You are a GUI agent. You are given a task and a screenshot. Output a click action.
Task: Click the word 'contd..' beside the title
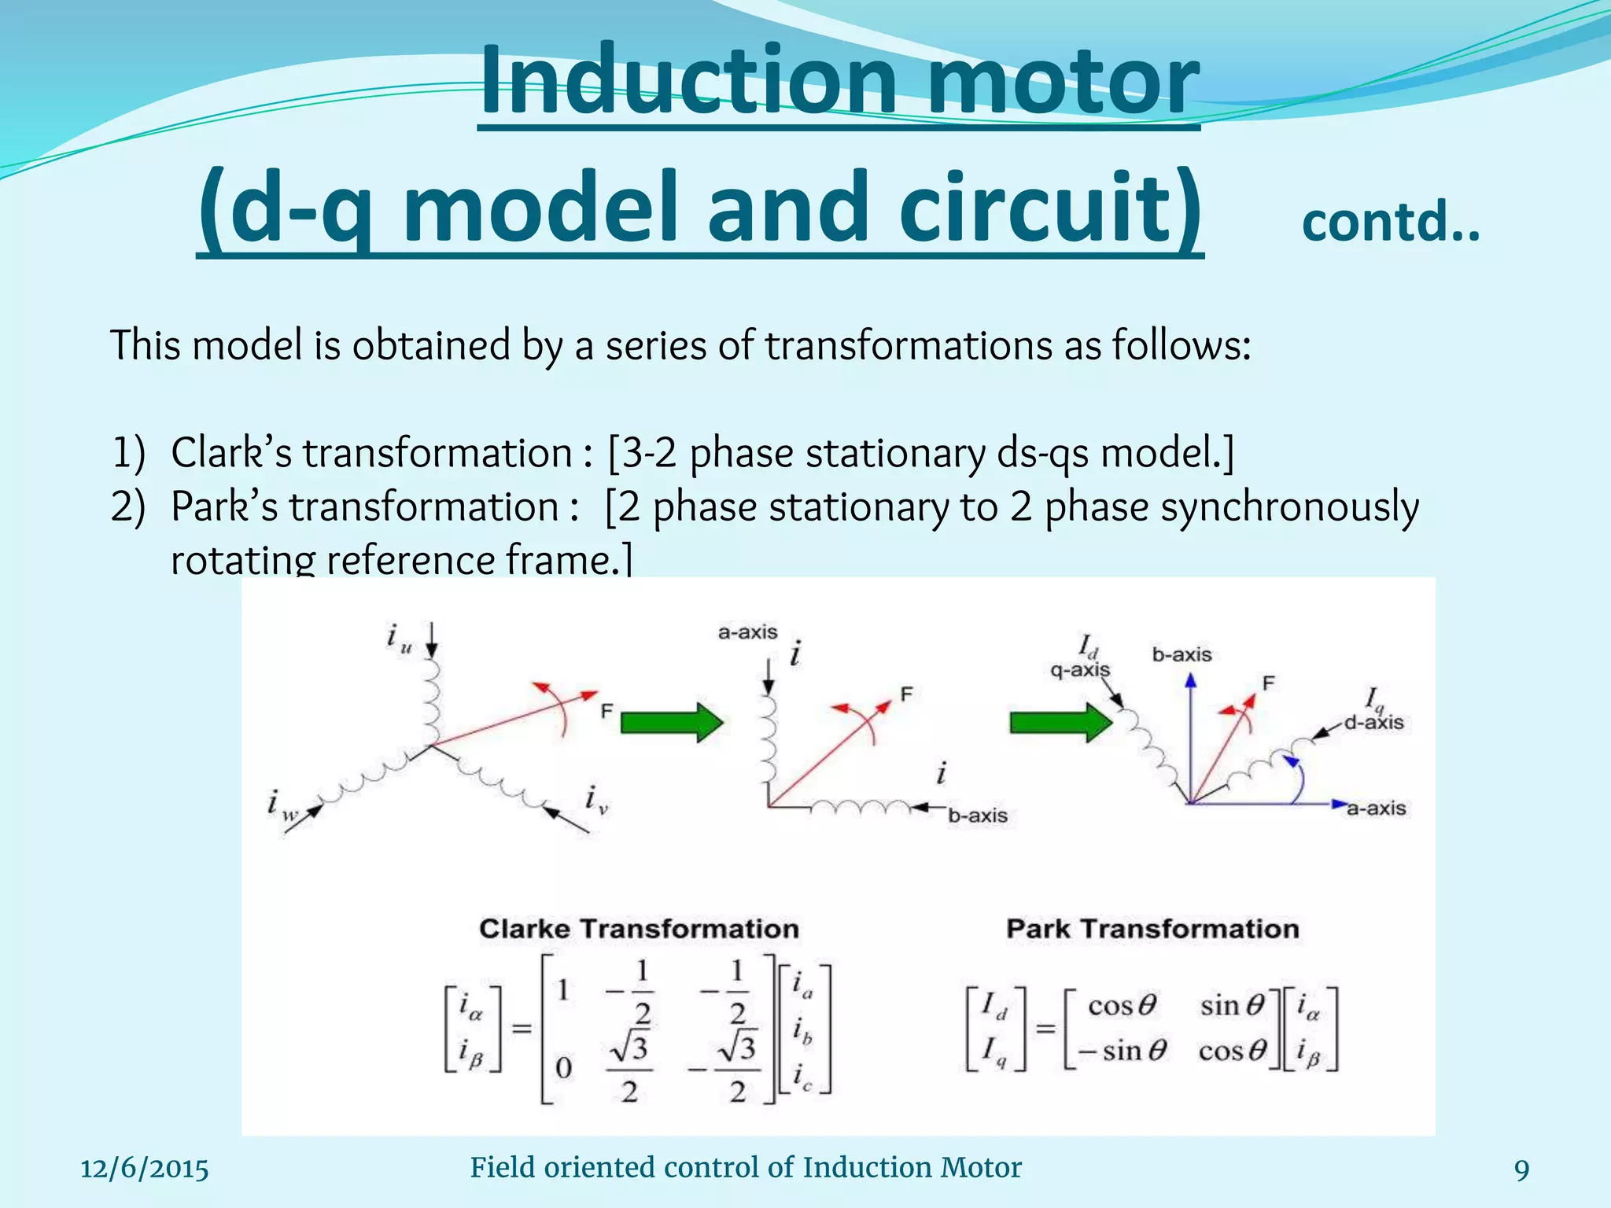click(1390, 223)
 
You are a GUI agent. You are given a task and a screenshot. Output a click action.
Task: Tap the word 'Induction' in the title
click(688, 81)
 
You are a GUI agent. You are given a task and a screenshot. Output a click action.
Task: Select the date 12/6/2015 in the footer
click(145, 1169)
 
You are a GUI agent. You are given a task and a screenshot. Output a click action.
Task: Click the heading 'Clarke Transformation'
click(639, 929)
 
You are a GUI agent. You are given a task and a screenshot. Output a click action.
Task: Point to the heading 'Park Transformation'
click(1152, 929)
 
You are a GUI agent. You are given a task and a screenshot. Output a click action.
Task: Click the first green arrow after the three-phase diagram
click(671, 721)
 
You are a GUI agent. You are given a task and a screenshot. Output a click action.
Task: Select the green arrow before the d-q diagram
click(1060, 721)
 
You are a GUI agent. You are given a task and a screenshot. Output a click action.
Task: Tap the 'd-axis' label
click(1373, 722)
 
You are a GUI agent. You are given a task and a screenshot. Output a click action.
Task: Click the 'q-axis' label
click(1079, 670)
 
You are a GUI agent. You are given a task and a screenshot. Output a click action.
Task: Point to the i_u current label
click(399, 638)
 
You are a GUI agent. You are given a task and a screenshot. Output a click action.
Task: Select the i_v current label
click(596, 801)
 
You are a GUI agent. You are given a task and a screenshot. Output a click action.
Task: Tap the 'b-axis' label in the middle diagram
click(977, 816)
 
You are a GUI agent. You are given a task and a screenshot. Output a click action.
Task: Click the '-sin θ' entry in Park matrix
click(1122, 1051)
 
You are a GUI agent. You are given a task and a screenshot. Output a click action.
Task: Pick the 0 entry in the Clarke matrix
click(563, 1068)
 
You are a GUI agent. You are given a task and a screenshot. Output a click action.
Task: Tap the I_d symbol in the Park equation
click(994, 1006)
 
